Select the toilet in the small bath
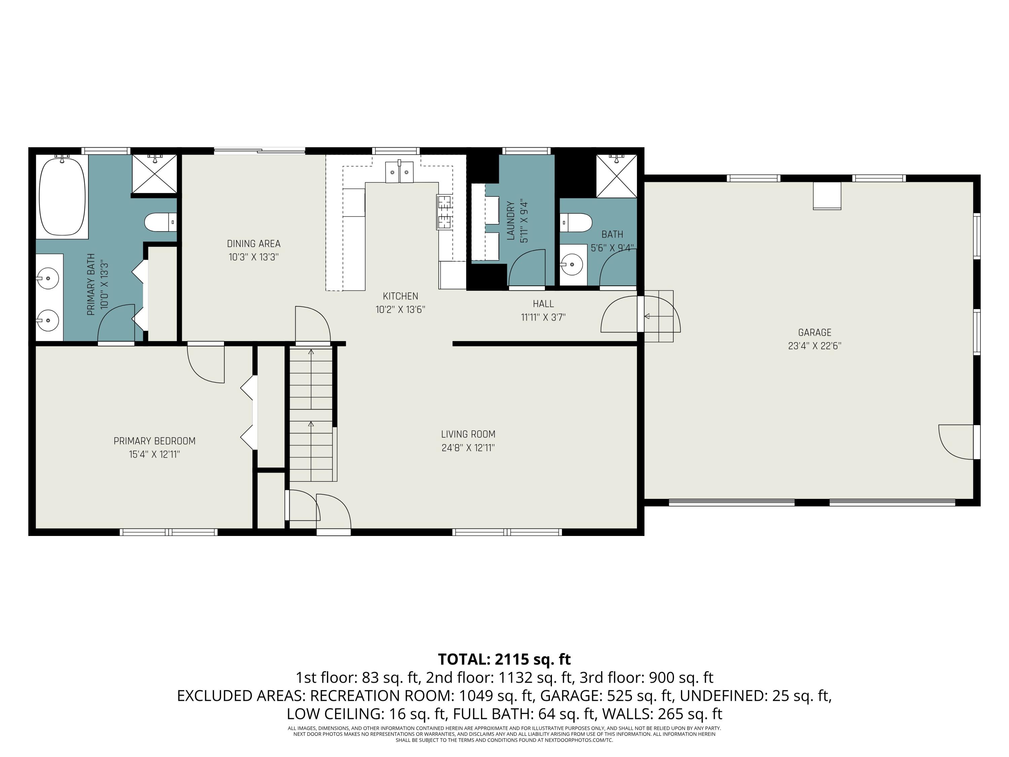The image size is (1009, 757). (x=576, y=223)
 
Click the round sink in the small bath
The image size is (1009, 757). (x=572, y=264)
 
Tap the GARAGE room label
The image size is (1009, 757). (x=814, y=333)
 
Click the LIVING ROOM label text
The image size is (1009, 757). (x=468, y=434)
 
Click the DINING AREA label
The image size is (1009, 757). (x=254, y=244)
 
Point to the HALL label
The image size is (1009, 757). (x=543, y=304)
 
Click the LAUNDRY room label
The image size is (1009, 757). (x=511, y=221)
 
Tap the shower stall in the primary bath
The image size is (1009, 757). (x=154, y=174)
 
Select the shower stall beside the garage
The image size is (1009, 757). (x=616, y=176)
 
